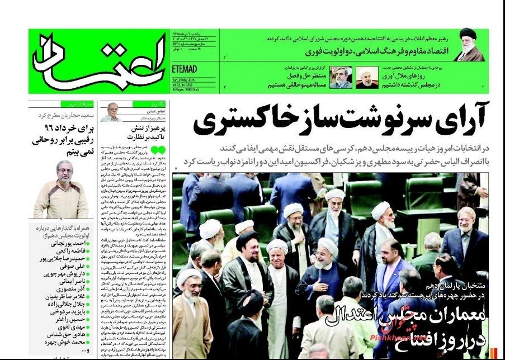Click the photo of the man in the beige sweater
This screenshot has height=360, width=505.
pos(61,190)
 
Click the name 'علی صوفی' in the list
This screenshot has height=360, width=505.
pos(68,268)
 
